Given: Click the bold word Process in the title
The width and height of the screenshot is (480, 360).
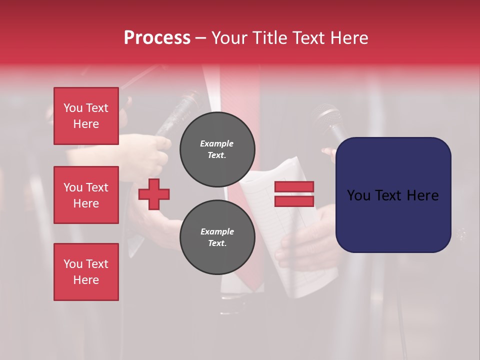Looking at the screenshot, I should click(157, 38).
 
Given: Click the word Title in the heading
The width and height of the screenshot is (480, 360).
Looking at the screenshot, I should click(270, 38).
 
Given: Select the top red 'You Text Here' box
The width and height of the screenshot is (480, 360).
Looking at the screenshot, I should click(86, 116).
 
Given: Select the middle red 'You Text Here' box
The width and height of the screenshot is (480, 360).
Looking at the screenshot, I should click(86, 195).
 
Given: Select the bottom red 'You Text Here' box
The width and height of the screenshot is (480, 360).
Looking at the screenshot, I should click(86, 271).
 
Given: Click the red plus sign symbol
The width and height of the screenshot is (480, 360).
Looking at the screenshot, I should click(154, 194).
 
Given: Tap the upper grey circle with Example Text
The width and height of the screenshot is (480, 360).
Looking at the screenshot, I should click(217, 149).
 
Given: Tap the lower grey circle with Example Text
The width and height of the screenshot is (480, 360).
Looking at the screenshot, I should click(217, 237).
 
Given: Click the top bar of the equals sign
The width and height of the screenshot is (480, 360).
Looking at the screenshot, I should click(294, 187).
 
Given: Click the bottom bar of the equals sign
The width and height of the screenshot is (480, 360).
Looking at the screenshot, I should click(294, 201).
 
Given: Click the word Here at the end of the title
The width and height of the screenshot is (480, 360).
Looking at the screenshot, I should click(349, 38).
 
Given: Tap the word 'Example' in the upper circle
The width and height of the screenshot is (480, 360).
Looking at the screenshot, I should click(217, 143).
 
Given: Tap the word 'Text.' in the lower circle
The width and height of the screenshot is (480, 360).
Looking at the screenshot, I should click(217, 243).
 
